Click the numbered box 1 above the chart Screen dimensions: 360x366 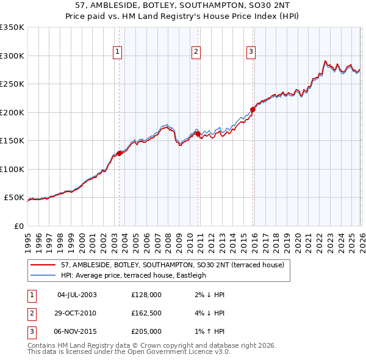click(x=117, y=52)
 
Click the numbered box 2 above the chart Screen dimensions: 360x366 click(x=196, y=52)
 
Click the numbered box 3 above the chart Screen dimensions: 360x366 click(x=251, y=52)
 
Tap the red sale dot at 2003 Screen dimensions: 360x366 click(x=120, y=153)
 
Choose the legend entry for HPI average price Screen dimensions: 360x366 click(x=133, y=275)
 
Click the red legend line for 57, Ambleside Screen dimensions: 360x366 click(x=44, y=265)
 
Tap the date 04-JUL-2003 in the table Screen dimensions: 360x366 click(x=77, y=295)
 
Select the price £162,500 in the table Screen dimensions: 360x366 click(x=146, y=313)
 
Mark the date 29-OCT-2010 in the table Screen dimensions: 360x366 click(x=77, y=313)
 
